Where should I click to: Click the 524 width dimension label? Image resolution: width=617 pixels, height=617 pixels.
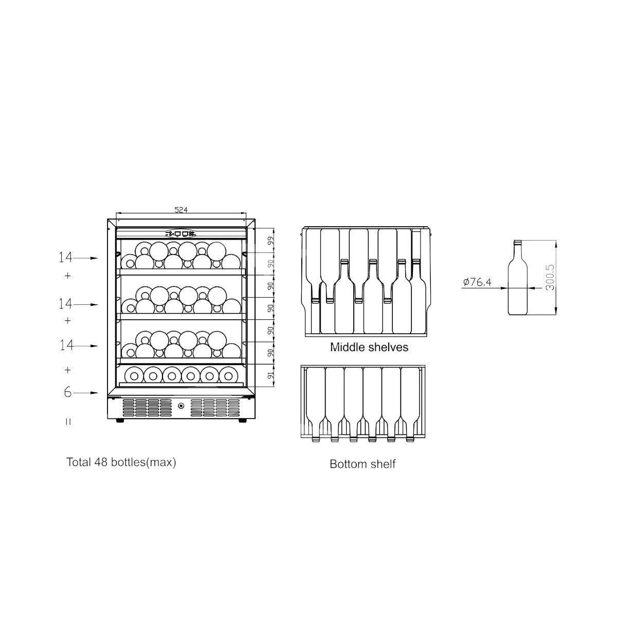(x=181, y=210)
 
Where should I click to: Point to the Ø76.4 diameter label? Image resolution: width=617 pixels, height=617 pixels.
(x=477, y=282)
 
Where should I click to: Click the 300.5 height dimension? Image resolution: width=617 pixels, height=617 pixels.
(x=550, y=277)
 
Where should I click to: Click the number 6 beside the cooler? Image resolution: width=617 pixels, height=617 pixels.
(x=67, y=392)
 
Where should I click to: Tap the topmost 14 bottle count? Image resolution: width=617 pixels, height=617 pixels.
(x=66, y=258)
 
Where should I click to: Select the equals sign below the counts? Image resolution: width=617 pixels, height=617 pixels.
(x=68, y=422)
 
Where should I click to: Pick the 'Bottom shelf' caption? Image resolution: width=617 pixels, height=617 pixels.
(x=362, y=464)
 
